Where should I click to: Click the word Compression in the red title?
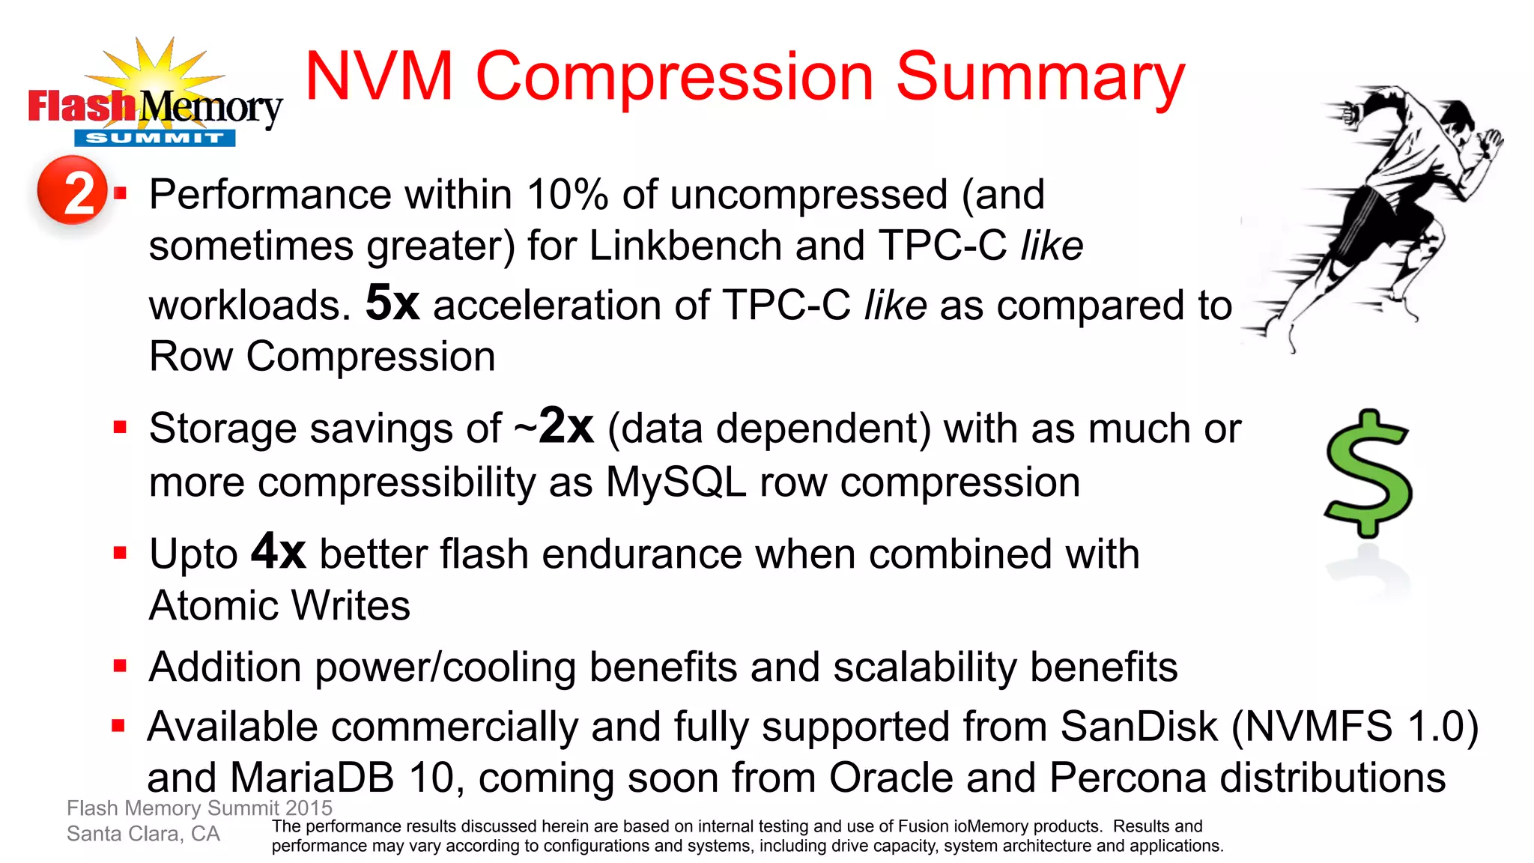click(x=674, y=77)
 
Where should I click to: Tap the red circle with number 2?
click(x=73, y=191)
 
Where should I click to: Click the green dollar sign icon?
click(x=1368, y=474)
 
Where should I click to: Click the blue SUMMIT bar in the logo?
click(x=155, y=138)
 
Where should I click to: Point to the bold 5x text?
click(x=392, y=303)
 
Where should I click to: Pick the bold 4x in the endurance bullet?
click(x=278, y=552)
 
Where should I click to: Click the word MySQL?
click(x=676, y=482)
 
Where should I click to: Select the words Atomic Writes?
click(x=279, y=605)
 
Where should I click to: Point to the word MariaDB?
click(x=312, y=778)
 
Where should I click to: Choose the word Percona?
click(x=1128, y=778)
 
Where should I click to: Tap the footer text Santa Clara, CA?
click(x=143, y=834)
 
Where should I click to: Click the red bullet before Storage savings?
click(x=120, y=428)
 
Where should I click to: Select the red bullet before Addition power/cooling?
click(x=120, y=666)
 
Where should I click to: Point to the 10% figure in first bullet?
click(x=567, y=195)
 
